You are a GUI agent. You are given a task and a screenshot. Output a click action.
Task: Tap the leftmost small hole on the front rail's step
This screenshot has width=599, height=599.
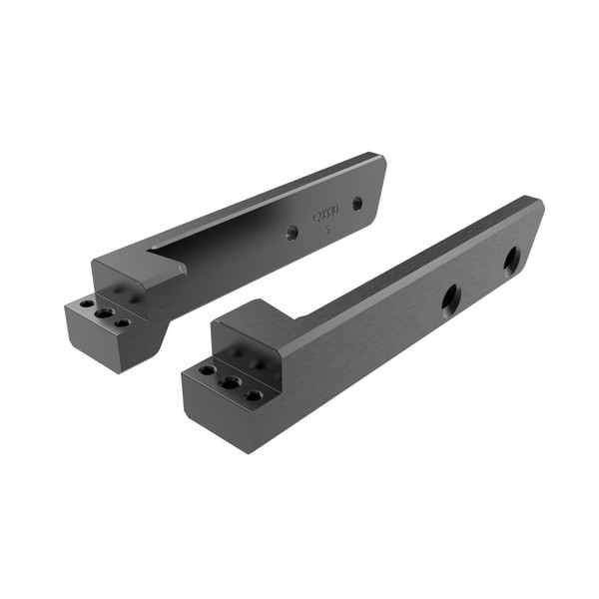click(207, 369)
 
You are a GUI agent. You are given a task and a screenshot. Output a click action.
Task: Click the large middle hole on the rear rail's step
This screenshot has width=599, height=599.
click(104, 313)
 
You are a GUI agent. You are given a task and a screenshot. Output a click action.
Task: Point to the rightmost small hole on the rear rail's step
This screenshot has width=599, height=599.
click(122, 323)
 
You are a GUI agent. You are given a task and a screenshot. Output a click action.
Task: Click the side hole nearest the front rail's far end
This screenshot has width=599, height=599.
click(511, 261)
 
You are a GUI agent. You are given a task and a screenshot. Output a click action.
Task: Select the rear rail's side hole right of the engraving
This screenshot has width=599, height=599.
click(357, 204)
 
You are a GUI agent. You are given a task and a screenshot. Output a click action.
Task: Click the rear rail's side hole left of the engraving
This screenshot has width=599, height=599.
click(292, 232)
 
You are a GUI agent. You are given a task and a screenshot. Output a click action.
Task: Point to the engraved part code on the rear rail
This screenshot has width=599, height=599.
click(326, 214)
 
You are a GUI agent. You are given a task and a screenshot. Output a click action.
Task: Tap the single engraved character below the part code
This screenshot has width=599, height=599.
click(329, 228)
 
